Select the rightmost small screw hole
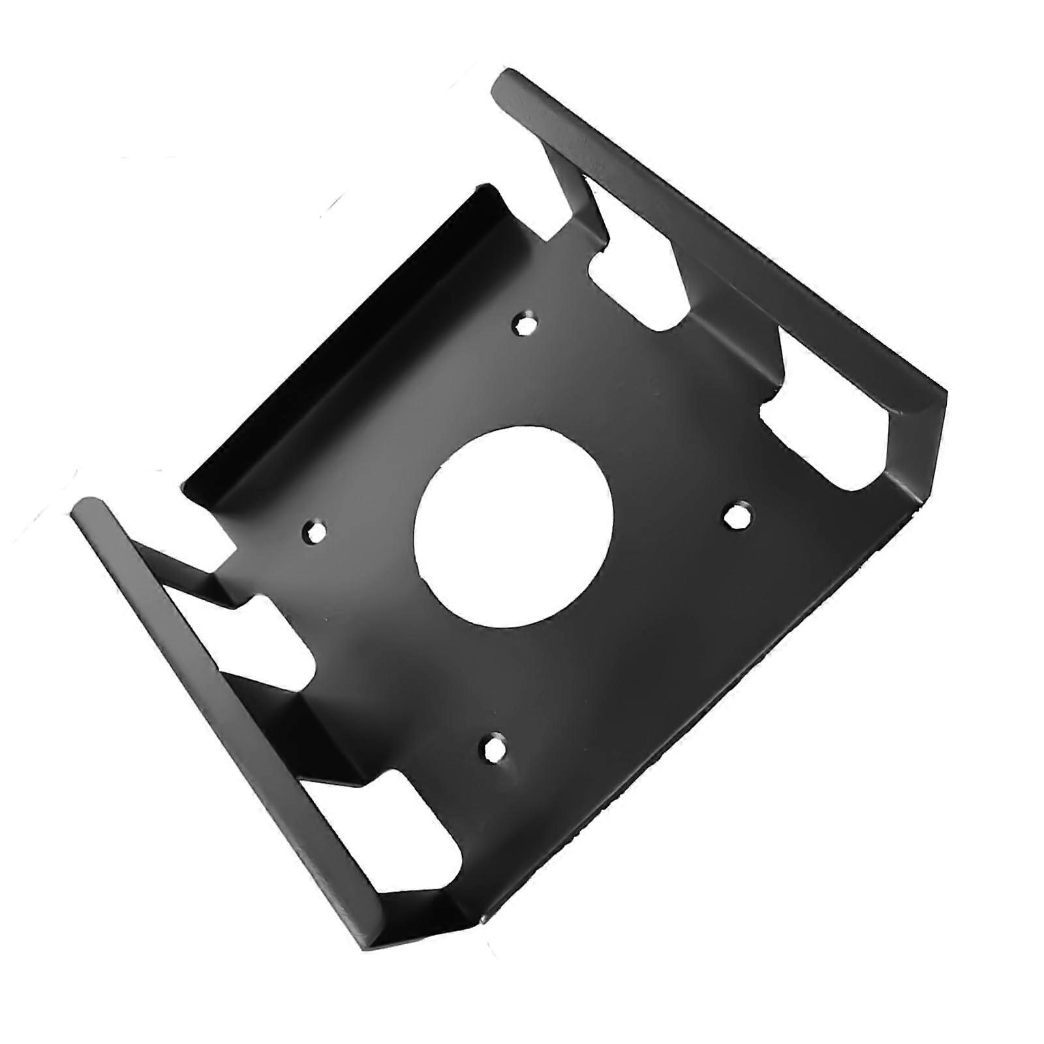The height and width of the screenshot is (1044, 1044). click(737, 515)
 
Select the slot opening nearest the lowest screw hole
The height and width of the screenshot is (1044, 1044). click(418, 816)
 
